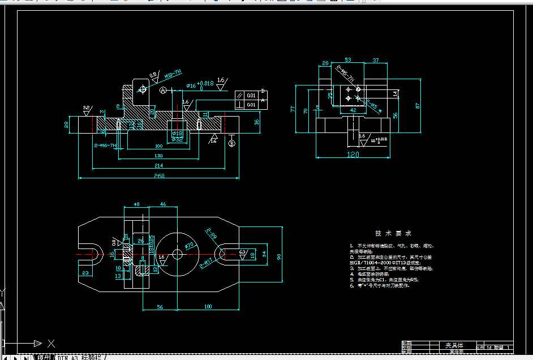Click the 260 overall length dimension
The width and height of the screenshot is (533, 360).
click(x=158, y=176)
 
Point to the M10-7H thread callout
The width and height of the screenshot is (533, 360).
click(x=173, y=74)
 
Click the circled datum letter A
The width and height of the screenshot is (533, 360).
click(x=163, y=91)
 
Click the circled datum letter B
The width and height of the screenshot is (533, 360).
click(x=231, y=143)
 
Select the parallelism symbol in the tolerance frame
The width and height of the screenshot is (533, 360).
click(x=240, y=95)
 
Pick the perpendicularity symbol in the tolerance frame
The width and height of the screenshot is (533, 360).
click(x=240, y=105)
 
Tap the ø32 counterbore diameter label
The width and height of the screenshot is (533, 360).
click(x=177, y=139)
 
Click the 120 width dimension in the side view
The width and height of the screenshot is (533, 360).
click(x=353, y=154)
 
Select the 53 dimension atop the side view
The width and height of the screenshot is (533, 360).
click(x=347, y=59)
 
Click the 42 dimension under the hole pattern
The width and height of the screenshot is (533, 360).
click(x=354, y=110)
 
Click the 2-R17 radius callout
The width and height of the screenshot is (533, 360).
click(x=207, y=263)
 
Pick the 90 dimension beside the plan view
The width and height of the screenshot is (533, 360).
click(x=279, y=257)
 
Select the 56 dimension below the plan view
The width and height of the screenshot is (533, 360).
click(x=160, y=306)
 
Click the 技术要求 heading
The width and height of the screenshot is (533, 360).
click(x=393, y=233)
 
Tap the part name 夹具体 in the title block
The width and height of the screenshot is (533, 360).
click(x=454, y=345)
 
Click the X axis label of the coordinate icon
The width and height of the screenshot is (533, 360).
click(x=51, y=343)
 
